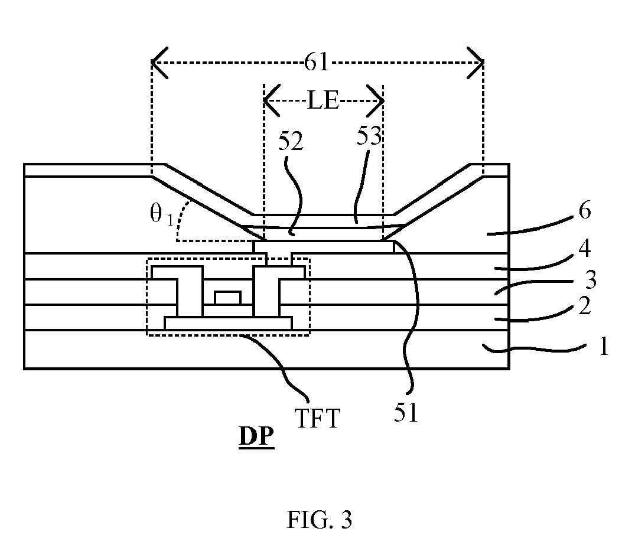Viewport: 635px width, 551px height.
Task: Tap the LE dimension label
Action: point(323,100)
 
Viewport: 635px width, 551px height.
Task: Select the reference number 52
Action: point(291,142)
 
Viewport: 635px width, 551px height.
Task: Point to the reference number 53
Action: point(369,136)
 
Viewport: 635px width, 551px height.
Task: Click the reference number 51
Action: point(406,413)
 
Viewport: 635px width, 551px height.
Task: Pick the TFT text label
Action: point(317,418)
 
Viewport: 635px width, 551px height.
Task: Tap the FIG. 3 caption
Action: point(320,520)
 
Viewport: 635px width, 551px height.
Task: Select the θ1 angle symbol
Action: point(162,214)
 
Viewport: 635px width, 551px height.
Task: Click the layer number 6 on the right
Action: point(584,210)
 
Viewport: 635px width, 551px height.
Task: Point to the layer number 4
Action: point(584,249)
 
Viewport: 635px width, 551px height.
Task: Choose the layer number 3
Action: point(591,280)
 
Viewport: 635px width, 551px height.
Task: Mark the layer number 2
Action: point(584,306)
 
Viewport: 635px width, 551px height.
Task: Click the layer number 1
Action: point(604,347)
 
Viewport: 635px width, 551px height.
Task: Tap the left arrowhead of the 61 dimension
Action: point(159,63)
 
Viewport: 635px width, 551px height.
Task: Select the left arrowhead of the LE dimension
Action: point(271,100)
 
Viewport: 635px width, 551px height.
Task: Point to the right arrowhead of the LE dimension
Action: point(376,100)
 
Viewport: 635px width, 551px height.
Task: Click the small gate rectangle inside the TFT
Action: point(228,298)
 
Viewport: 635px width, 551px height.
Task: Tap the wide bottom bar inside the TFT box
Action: point(229,324)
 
